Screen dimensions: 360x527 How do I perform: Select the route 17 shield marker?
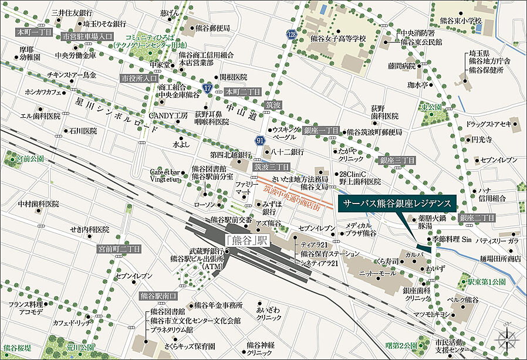tap(208, 88)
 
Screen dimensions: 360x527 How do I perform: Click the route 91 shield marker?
tap(260, 140)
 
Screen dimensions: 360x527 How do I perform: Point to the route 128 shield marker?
tap(292, 36)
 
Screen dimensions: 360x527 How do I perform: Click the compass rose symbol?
tap(506, 340)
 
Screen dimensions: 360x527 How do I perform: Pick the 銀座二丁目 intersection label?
tap(478, 218)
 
